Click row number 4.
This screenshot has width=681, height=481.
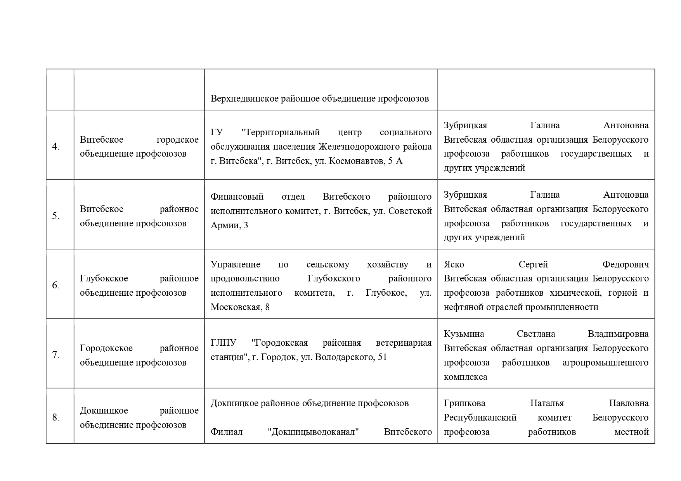click(56, 147)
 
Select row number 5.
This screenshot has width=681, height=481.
click(56, 216)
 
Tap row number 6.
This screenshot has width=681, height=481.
click(56, 286)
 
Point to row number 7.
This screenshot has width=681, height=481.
click(56, 355)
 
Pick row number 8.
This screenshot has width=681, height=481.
click(56, 418)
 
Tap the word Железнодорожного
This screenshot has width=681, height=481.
click(357, 147)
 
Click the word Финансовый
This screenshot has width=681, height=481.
click(237, 197)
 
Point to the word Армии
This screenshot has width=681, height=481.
click(225, 225)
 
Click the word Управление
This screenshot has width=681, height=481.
click(235, 265)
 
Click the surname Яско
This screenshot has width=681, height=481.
click(454, 265)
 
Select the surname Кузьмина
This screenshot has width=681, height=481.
click(464, 334)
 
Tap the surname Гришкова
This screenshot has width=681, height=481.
click(464, 403)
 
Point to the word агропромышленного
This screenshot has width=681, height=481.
click(605, 363)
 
